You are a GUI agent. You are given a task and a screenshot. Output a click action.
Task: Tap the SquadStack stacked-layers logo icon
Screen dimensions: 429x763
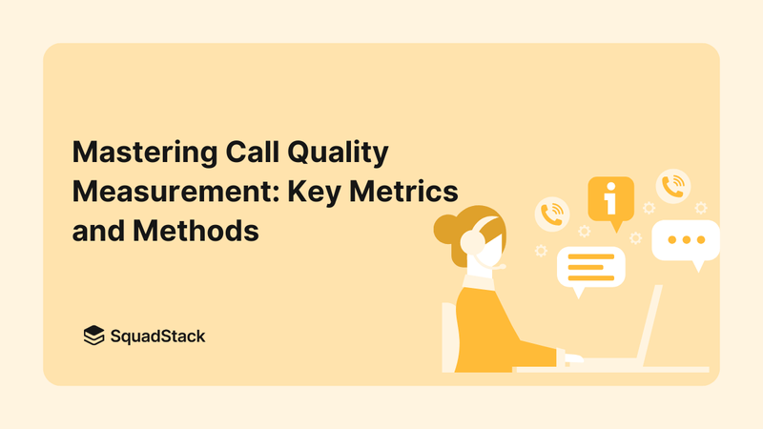(x=93, y=335)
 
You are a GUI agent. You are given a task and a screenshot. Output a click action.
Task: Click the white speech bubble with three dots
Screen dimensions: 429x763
(x=685, y=240)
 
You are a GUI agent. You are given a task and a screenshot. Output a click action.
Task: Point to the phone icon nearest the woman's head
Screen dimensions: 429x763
(x=552, y=214)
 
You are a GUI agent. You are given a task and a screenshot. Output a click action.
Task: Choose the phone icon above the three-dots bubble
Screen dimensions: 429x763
(x=673, y=185)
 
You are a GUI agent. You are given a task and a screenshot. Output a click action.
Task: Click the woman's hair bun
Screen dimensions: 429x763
(x=446, y=229)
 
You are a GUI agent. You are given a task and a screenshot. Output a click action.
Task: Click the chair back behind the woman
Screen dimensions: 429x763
(x=449, y=338)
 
